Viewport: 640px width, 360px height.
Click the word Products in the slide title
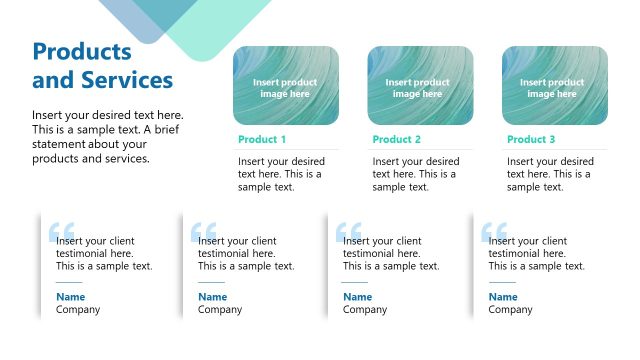coord(82,52)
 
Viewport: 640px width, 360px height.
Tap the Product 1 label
coord(262,140)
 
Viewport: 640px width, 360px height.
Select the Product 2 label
coord(397,140)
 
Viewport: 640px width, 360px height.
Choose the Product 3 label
coord(531,140)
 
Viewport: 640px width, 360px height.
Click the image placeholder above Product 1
coord(286,86)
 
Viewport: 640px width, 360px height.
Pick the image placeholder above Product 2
coord(420,86)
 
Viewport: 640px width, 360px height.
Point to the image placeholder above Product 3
coord(555,86)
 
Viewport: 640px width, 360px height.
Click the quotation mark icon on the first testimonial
coord(61,232)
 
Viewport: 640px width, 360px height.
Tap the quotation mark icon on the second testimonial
coord(203,232)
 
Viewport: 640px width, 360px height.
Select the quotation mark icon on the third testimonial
coord(349,232)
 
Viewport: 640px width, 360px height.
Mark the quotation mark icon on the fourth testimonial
coord(494,232)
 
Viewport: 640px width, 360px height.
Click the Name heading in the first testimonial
coord(70,297)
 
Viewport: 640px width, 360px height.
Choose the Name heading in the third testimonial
coord(357,297)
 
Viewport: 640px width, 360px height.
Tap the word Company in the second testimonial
coord(220,310)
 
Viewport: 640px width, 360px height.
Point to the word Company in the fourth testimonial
coord(510,310)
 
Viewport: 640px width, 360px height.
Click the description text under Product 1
coord(281,174)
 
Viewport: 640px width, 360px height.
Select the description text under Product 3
coord(550,174)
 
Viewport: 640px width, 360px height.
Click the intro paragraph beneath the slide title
coord(108,137)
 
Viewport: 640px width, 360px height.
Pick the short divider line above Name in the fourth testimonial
coord(502,282)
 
